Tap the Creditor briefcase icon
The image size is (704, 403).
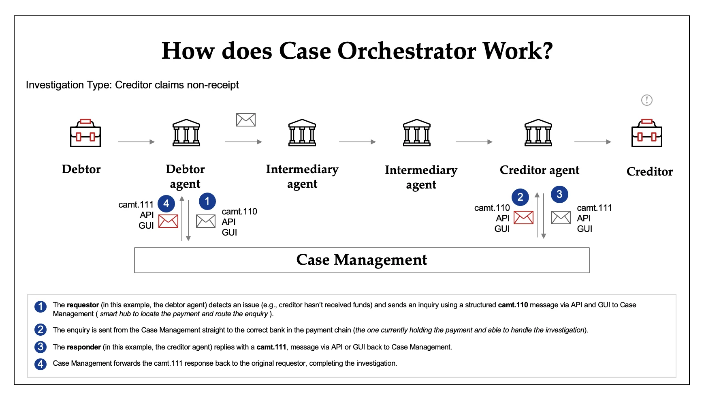(x=646, y=133)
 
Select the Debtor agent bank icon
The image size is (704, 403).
(x=186, y=133)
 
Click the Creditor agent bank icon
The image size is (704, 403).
(x=538, y=133)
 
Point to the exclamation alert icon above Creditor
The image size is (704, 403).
(x=646, y=100)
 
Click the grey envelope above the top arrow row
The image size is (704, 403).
(x=246, y=120)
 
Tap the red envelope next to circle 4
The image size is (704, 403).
(x=168, y=221)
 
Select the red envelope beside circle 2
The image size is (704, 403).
(x=523, y=218)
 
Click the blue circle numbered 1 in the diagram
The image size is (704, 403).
(x=207, y=201)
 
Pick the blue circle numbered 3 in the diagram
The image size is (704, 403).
(x=559, y=194)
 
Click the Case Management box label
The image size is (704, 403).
(x=361, y=260)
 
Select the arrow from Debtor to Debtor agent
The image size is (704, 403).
(x=136, y=142)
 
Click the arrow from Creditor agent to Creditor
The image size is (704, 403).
(x=592, y=142)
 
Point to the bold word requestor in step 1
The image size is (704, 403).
(x=83, y=305)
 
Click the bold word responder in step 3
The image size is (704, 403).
(x=83, y=347)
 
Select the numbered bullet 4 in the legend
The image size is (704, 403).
(x=40, y=364)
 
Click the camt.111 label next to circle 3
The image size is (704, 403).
(x=594, y=208)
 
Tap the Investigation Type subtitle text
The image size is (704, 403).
(x=132, y=85)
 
